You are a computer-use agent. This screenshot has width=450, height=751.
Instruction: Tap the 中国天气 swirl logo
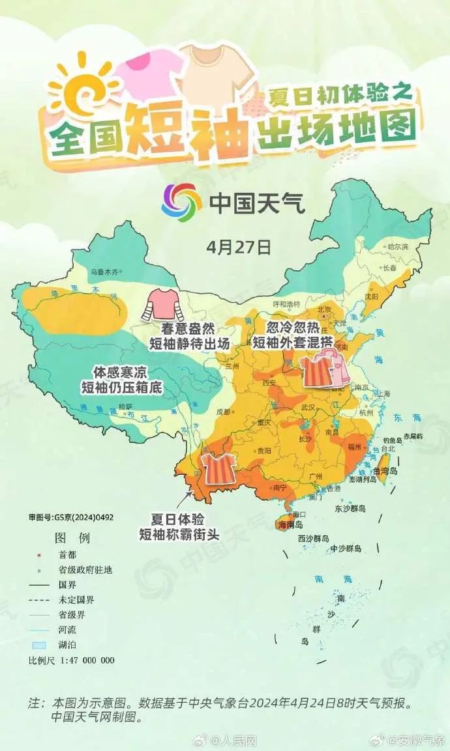click(182, 203)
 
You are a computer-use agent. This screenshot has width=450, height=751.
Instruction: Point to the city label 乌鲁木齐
click(106, 272)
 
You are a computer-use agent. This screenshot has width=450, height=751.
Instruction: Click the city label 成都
click(224, 411)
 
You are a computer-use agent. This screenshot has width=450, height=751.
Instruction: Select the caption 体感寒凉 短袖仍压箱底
click(121, 380)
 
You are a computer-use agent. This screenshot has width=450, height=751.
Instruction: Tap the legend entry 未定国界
click(76, 600)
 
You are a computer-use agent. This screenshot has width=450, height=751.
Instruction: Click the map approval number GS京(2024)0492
click(71, 518)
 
